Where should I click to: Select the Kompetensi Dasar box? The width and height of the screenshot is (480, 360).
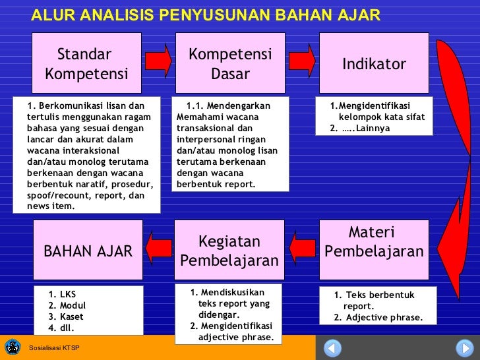(x=230, y=63)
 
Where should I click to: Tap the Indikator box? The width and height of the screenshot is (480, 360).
(x=374, y=63)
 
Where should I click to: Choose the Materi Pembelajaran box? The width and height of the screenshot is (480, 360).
(x=374, y=243)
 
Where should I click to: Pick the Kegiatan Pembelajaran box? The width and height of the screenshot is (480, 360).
(x=229, y=251)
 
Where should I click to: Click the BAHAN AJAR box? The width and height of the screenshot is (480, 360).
(x=88, y=251)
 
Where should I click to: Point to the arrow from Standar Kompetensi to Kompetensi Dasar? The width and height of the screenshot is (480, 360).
(x=158, y=61)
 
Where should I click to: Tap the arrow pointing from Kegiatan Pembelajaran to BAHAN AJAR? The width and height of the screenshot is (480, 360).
(x=158, y=249)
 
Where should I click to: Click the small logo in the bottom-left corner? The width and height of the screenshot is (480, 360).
(x=12, y=347)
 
